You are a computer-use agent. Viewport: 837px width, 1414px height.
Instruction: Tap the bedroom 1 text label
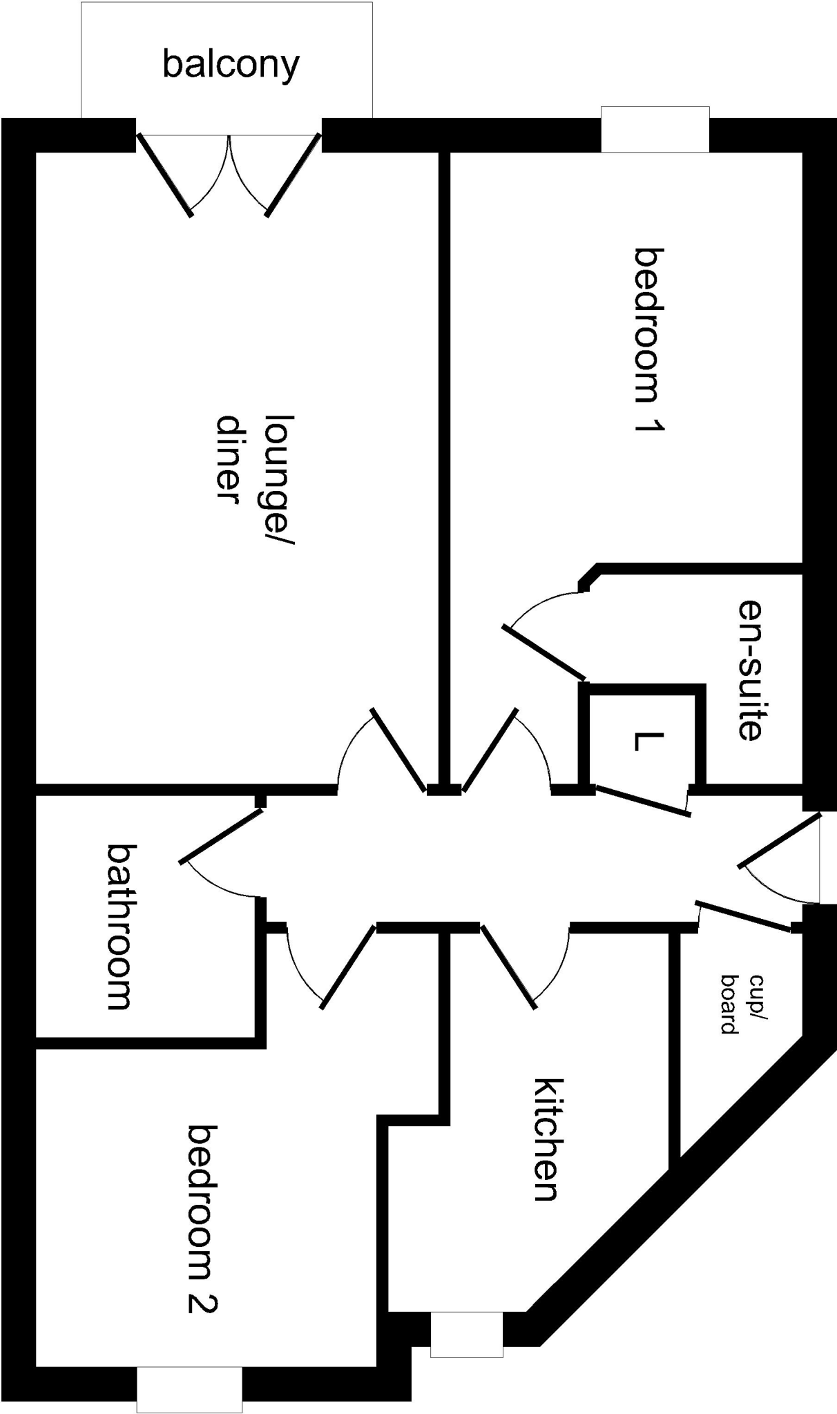coord(649,340)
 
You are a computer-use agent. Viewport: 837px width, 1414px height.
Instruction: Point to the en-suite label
coord(750,669)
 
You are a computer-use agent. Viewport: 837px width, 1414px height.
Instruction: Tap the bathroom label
coord(119,927)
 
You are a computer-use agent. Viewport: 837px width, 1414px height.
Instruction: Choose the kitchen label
coord(547,1139)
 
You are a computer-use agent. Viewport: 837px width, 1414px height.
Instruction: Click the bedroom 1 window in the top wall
coord(655,129)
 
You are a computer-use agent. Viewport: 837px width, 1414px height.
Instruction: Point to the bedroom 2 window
coord(189,1389)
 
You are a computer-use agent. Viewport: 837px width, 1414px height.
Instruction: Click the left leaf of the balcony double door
coord(164,175)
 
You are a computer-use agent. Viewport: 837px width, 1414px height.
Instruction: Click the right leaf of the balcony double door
coord(294,175)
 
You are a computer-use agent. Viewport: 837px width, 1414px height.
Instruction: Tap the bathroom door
coord(222,835)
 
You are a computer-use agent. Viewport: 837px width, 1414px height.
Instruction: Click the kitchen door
coord(508,966)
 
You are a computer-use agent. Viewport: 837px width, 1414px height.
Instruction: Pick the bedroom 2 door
coord(349,966)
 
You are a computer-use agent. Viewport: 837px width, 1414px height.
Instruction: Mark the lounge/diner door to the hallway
coord(398,749)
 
